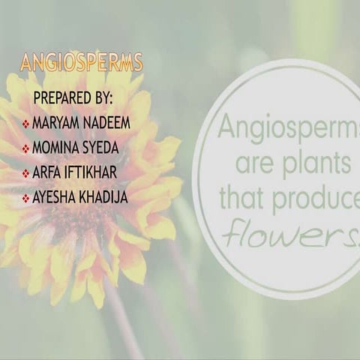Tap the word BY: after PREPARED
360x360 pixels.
[102, 99]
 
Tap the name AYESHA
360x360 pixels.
[53, 198]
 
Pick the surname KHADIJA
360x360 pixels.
[104, 198]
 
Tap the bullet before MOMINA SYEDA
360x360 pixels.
[25, 148]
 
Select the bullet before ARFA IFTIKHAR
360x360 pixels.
[25, 173]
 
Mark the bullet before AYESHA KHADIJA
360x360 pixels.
[25, 199]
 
